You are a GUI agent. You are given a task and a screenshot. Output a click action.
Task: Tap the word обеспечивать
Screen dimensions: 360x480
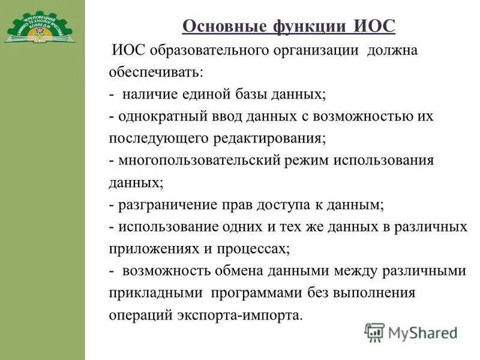155,73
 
